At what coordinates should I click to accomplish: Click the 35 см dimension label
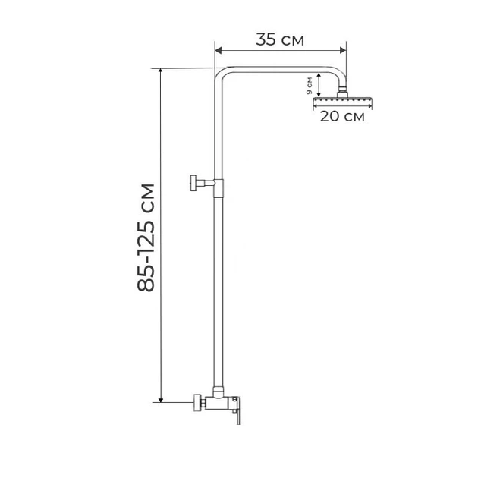tap(280, 39)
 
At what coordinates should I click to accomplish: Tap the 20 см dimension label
tap(342, 116)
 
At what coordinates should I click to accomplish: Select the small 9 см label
tap(310, 86)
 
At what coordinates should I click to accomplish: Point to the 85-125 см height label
tap(146, 237)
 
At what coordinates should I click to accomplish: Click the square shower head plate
tap(343, 99)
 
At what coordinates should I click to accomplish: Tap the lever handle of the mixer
tap(237, 412)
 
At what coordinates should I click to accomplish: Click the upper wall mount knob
tap(193, 183)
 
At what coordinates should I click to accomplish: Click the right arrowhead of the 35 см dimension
tap(343, 51)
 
